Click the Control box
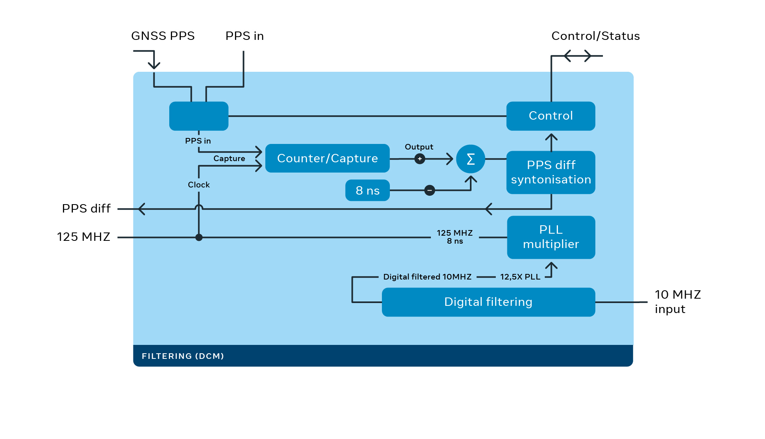click(550, 116)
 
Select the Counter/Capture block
click(327, 158)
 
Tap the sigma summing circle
click(470, 159)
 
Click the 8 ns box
click(367, 190)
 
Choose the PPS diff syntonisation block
click(550, 172)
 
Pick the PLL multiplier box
click(551, 237)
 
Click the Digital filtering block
click(488, 302)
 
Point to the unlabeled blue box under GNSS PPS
click(199, 116)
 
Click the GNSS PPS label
click(163, 36)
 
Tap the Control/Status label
click(595, 36)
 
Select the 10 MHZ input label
click(677, 301)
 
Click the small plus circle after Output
click(420, 159)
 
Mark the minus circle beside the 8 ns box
click(429, 190)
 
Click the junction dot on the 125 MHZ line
click(199, 237)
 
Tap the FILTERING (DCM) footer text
click(183, 356)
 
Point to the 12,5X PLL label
click(520, 277)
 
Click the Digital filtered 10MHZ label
click(427, 277)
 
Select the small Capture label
click(229, 158)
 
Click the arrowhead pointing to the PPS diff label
click(141, 209)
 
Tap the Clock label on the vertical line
click(199, 185)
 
